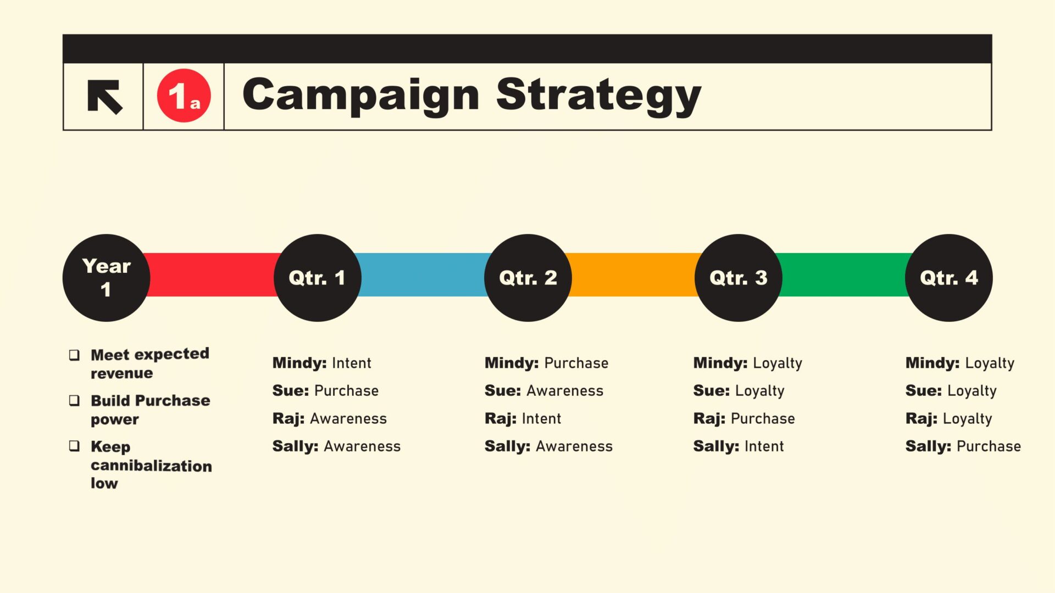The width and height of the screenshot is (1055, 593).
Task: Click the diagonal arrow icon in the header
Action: (104, 97)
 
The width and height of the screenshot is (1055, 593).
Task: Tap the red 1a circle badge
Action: (184, 96)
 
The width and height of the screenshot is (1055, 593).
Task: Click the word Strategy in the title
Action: (598, 97)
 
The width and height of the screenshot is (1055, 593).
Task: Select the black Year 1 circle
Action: (106, 278)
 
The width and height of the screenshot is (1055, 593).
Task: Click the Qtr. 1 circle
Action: (317, 278)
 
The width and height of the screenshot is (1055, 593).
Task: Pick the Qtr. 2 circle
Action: (527, 278)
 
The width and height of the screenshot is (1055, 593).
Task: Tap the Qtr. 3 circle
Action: (738, 278)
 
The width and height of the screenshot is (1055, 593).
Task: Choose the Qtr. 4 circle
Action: (948, 278)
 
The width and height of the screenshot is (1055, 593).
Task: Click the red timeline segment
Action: (212, 275)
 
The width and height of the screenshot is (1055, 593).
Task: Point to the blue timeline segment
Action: (423, 275)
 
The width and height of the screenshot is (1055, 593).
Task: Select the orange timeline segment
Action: (633, 275)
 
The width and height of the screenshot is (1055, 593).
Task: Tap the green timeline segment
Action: (843, 275)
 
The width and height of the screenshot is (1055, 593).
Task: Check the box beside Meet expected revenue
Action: (74, 355)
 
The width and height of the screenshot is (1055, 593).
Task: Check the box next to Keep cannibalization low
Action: (74, 446)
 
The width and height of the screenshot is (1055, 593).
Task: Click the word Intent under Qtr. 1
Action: (352, 363)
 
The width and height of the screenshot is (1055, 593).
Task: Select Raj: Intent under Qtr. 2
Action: (523, 419)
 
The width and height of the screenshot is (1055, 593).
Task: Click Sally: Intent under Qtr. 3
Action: (738, 446)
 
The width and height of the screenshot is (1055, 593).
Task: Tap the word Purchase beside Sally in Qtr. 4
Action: (989, 446)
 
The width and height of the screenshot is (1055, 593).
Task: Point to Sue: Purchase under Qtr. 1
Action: (325, 391)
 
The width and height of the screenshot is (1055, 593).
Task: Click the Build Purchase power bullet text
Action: (151, 410)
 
